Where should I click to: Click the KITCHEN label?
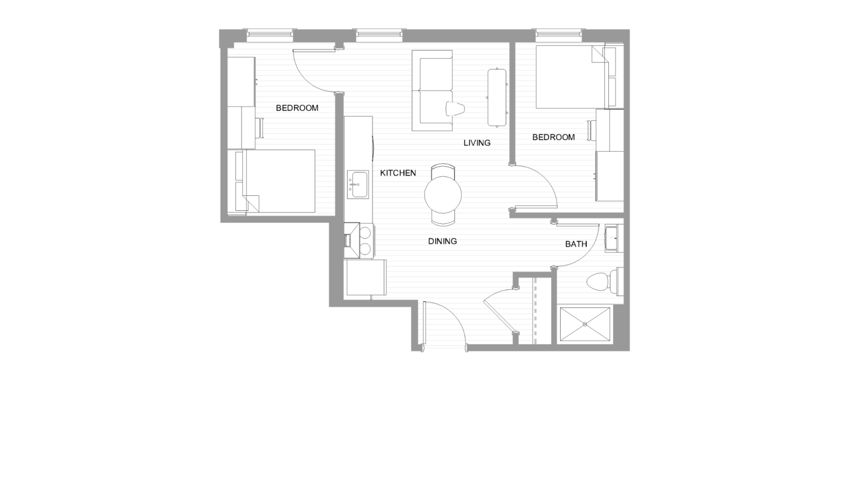point(398,173)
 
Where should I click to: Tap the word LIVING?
point(477,143)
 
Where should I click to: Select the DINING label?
point(442,241)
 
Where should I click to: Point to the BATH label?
point(576,244)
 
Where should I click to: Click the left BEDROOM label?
point(297,108)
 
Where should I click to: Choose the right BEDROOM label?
point(553,137)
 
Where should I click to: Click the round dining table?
point(443,195)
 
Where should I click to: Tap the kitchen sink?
point(358,185)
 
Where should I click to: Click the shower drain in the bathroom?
point(585,324)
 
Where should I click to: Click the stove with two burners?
point(359,241)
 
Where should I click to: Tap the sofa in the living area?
point(432,91)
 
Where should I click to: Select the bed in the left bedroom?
point(275,181)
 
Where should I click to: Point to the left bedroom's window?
point(270,35)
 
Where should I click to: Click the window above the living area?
point(379,35)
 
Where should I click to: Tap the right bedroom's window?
point(559,35)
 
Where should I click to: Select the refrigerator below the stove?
point(365,278)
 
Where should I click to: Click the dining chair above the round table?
point(443,170)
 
